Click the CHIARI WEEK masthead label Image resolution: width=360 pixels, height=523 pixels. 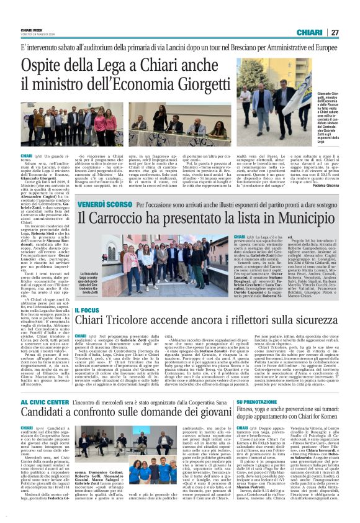31,30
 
